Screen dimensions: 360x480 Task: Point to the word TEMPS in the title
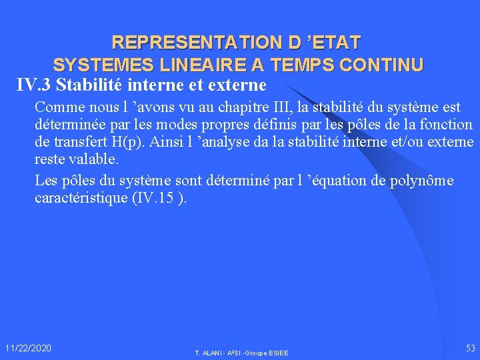(307, 65)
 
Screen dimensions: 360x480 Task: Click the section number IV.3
(35, 85)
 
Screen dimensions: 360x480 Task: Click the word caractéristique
(75, 199)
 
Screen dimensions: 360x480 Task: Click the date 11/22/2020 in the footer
(28, 348)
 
